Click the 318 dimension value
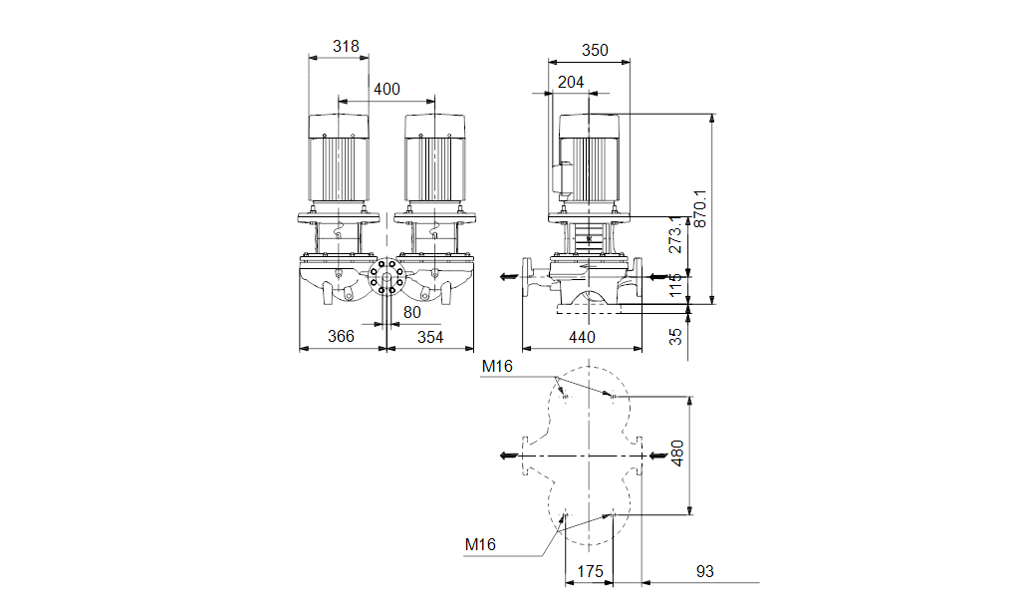[346, 46]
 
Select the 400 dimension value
[386, 89]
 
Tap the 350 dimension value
[595, 50]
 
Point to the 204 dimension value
[571, 82]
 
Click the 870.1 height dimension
[701, 209]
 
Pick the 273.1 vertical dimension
[675, 234]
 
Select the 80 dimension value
[411, 312]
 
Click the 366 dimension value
[341, 336]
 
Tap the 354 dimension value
[430, 337]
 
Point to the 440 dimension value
[582, 337]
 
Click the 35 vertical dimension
[675, 336]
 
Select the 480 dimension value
[677, 454]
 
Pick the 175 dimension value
[590, 571]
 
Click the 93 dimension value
[705, 571]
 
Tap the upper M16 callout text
[497, 367]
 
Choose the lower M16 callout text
[480, 544]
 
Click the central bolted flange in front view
[386, 277]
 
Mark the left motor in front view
[339, 157]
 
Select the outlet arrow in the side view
[509, 276]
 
